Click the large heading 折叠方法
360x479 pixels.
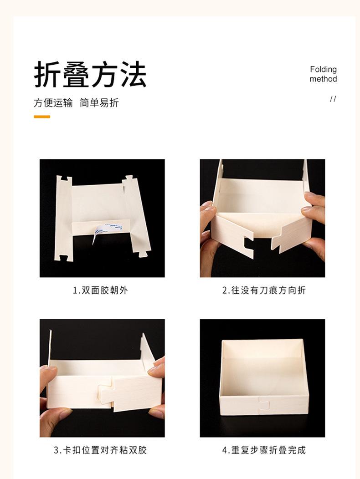coord(90,75)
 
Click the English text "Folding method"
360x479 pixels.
coord(323,74)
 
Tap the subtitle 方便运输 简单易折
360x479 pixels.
coord(76,103)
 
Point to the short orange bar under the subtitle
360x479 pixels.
coord(42,117)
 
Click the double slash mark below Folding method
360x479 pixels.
coord(333,99)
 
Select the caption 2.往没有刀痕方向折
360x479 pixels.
coord(263,290)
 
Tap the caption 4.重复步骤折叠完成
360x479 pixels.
coord(263,450)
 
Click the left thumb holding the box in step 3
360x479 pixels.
coord(49,373)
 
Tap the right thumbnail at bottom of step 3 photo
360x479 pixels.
coord(156,412)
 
